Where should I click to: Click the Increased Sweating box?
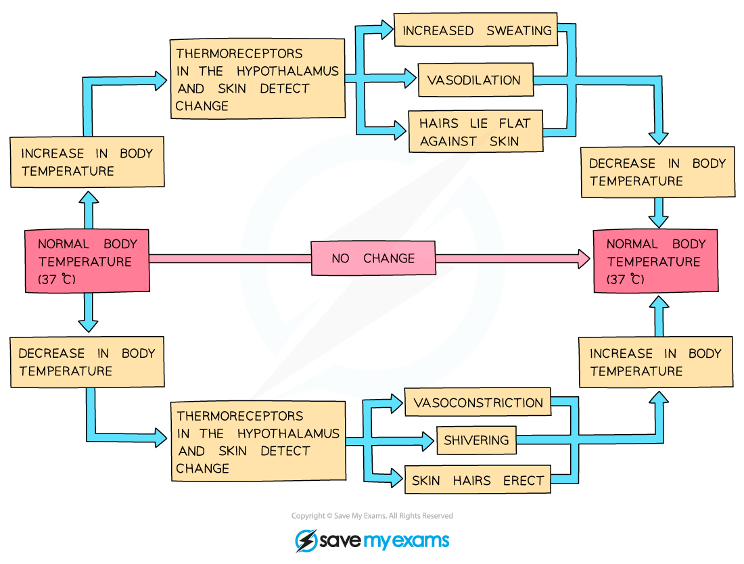click(476, 30)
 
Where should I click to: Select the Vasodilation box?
click(475, 80)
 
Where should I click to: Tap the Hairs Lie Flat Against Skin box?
click(475, 132)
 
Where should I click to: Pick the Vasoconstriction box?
click(478, 403)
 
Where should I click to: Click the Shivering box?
click(476, 440)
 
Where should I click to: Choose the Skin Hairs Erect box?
click(478, 481)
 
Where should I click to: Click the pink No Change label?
click(373, 258)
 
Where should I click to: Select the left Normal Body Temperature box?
click(87, 261)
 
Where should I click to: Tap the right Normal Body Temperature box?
click(655, 261)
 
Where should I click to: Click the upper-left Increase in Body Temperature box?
click(87, 162)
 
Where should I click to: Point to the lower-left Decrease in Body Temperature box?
click(87, 362)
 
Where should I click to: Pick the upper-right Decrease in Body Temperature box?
click(657, 172)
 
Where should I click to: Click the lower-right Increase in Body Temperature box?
click(655, 362)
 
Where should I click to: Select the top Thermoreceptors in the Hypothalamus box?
click(257, 79)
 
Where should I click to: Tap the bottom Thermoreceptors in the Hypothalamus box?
click(258, 442)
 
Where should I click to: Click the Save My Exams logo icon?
click(306, 541)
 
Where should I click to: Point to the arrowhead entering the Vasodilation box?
click(410, 79)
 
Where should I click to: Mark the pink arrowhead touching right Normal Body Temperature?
click(583, 258)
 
